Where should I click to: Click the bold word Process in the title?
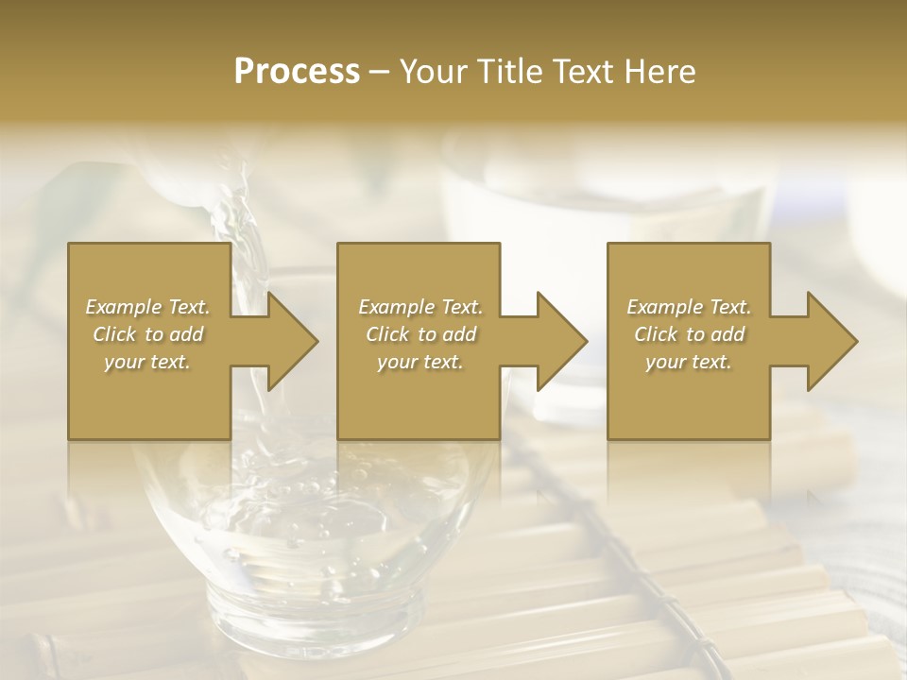[x=297, y=71]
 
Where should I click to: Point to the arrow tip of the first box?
[x=316, y=341]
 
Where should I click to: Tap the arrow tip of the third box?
[x=855, y=341]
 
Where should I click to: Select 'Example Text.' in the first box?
[x=147, y=307]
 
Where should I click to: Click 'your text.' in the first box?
[x=147, y=362]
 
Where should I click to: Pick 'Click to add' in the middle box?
[x=420, y=334]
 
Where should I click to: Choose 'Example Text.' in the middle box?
[x=420, y=307]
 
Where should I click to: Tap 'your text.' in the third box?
[x=689, y=362]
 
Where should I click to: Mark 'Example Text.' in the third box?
[x=689, y=307]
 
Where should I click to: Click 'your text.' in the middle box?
[x=420, y=362]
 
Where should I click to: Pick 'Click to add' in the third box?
[x=689, y=334]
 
